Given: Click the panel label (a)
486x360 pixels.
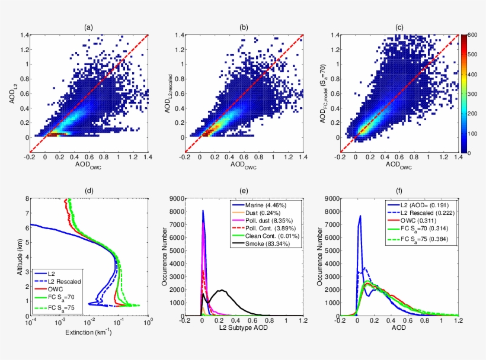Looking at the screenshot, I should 88,27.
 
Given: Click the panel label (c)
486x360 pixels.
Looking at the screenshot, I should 399,27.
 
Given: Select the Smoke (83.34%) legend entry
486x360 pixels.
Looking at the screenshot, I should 266,243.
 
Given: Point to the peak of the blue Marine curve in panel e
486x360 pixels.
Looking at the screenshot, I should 203,211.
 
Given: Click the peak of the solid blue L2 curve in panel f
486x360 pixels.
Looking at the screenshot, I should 360,216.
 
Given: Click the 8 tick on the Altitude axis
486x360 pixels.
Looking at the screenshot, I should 24,200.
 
